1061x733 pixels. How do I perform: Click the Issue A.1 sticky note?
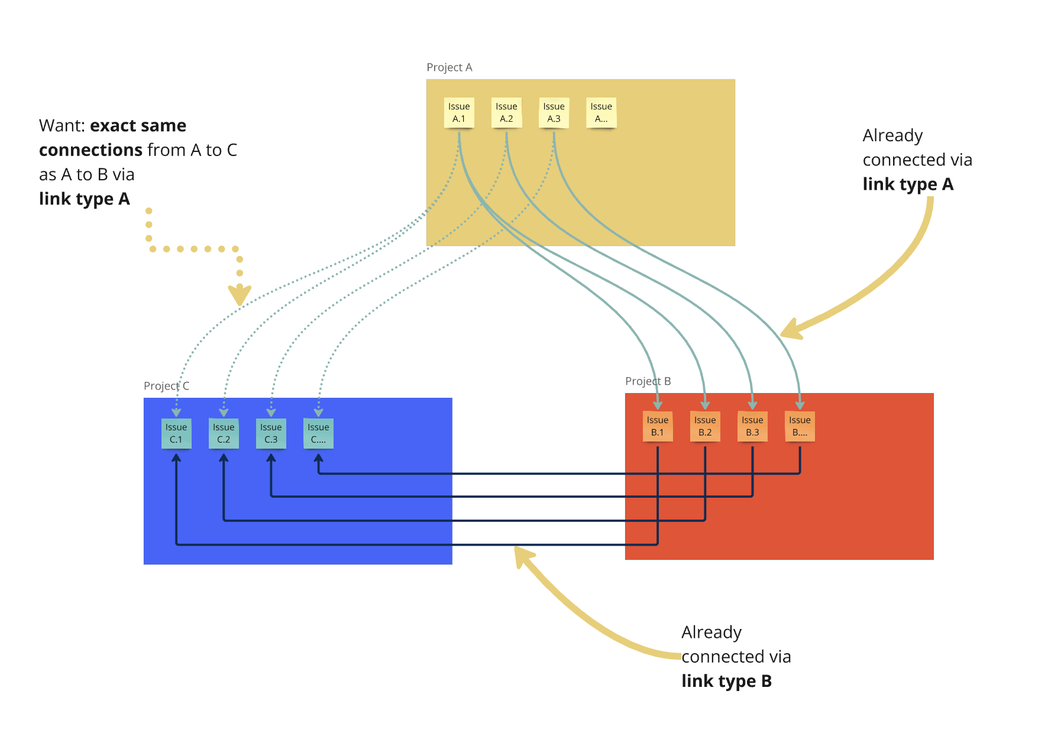tap(459, 112)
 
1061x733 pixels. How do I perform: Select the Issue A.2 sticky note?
tap(506, 112)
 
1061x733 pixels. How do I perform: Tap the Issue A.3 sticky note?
tap(554, 112)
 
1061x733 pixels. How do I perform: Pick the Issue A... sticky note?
tap(601, 112)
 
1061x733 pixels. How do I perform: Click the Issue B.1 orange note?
tap(657, 426)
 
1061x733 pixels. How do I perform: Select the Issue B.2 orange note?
tap(704, 426)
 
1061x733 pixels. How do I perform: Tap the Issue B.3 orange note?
tap(752, 426)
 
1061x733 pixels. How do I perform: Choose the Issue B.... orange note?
tap(800, 426)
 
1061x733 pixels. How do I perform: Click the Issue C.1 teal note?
tap(176, 433)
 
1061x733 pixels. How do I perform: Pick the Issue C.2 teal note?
tap(224, 433)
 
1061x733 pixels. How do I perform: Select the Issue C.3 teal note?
tap(271, 433)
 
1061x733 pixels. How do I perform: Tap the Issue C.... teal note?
tap(318, 433)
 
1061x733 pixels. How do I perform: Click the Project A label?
tap(449, 67)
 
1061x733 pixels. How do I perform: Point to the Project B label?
tap(648, 381)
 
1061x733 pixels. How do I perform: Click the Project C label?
tap(166, 386)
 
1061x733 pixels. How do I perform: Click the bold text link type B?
tap(726, 681)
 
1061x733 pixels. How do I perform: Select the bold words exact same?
tap(138, 125)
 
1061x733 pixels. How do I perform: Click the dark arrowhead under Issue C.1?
tap(176, 458)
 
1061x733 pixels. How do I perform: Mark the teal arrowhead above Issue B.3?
tap(752, 405)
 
